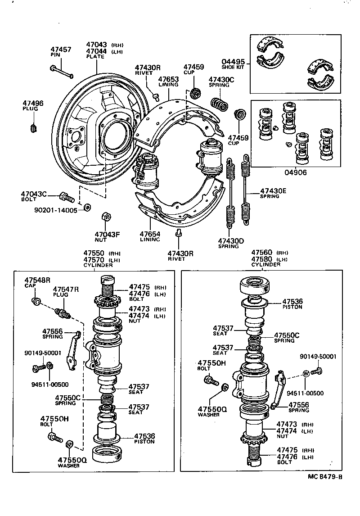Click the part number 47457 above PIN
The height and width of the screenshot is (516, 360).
click(x=60, y=49)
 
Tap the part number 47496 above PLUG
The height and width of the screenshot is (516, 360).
click(x=33, y=104)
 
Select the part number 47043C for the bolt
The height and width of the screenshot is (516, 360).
click(x=34, y=194)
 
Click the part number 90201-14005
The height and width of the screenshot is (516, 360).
click(x=55, y=210)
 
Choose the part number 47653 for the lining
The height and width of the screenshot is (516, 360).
click(x=168, y=79)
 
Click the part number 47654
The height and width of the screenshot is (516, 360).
click(x=150, y=234)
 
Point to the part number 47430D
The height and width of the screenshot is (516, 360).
click(x=231, y=241)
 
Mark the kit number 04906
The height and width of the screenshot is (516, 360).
click(x=295, y=172)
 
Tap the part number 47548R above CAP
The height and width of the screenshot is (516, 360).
click(x=37, y=280)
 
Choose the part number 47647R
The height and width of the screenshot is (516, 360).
click(x=66, y=289)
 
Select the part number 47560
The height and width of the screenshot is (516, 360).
click(x=262, y=253)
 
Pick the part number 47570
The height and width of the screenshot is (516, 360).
click(x=94, y=260)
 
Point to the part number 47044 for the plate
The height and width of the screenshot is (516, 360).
click(x=96, y=52)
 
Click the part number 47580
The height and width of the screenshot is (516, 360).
click(x=262, y=259)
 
